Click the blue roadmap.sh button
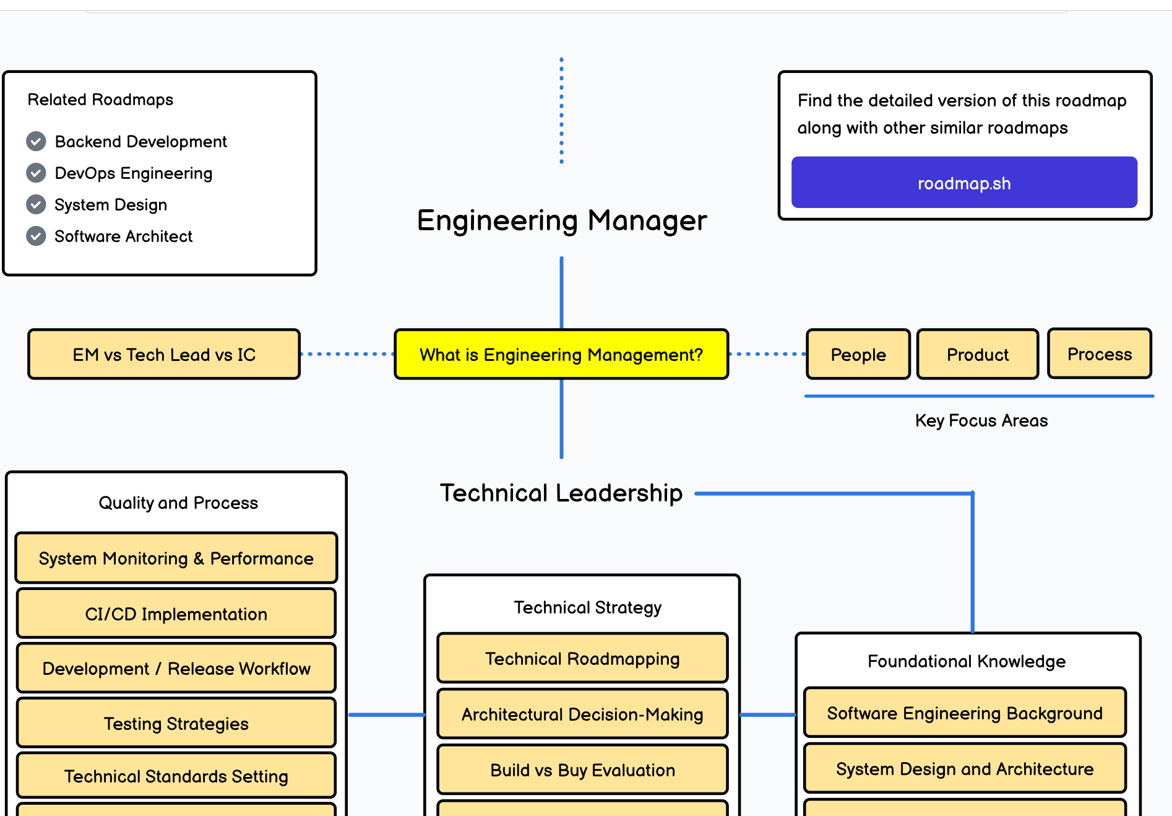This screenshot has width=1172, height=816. point(963,183)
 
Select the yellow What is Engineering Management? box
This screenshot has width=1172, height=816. point(561,354)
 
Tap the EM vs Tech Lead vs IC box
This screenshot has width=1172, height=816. point(164,354)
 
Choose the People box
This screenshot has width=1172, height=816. point(858,354)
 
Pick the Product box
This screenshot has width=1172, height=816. point(977,354)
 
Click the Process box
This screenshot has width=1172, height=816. point(1099,354)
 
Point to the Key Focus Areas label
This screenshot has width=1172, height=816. point(981,420)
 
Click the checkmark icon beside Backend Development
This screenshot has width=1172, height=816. point(36,141)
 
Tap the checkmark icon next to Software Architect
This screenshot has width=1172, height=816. point(36,236)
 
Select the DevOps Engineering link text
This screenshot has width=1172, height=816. point(133,173)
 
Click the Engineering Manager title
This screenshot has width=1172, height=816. point(561,220)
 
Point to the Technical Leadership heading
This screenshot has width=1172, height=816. point(561,493)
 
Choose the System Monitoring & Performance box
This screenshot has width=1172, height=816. point(176,558)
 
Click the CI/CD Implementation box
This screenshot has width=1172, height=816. point(176,614)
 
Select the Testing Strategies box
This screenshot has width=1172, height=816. point(176,723)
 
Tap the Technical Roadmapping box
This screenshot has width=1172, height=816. point(582,658)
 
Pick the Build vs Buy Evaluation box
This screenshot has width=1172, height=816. point(582,770)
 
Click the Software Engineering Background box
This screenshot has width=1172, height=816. point(964,713)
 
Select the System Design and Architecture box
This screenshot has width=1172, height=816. point(964,768)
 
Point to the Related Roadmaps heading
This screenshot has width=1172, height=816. point(100,100)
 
